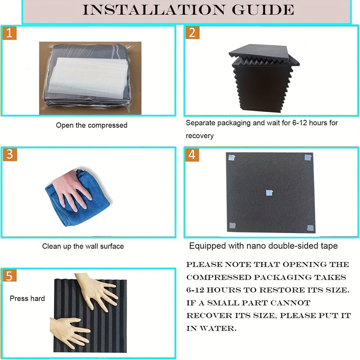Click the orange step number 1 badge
9,33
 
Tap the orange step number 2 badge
192,33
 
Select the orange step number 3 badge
10,154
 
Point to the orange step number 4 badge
192,155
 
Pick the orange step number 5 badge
9,276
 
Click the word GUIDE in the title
263,10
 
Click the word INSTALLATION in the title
154,10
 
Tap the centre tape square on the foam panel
269,193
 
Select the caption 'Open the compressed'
92,125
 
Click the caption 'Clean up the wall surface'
83,246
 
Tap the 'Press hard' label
27,298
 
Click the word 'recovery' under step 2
200,136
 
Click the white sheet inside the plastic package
88,78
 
